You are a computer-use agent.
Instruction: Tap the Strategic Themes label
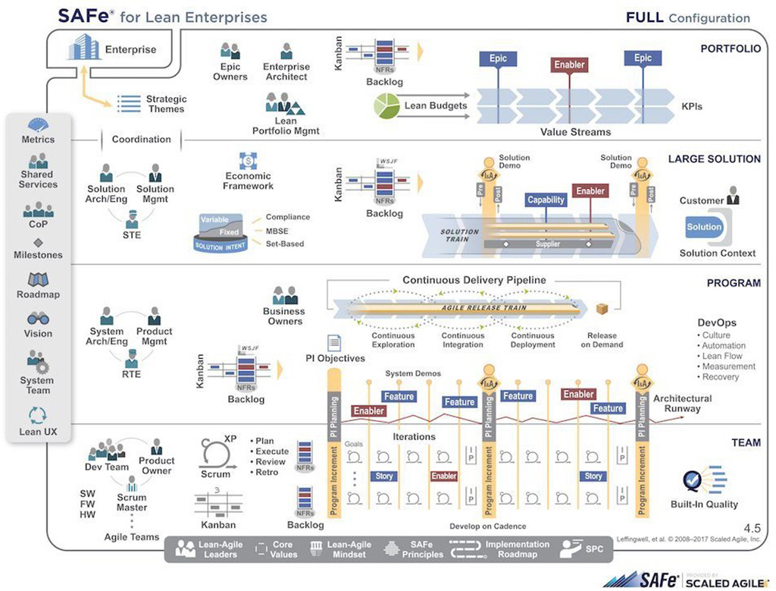(166, 104)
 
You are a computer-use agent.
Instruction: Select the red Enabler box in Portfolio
(569, 65)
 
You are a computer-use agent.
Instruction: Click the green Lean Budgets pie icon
(386, 106)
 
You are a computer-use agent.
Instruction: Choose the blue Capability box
(546, 200)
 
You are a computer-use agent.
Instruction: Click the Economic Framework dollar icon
(248, 161)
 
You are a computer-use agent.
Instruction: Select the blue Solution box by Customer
(705, 227)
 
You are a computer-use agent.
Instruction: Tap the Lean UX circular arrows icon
(37, 415)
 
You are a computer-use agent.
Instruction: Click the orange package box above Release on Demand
(602, 309)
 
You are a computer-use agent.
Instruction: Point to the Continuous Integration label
(462, 340)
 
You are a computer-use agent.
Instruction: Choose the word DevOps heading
(717, 322)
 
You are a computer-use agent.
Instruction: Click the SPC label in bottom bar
(595, 549)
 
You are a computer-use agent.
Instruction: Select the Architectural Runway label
(682, 404)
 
